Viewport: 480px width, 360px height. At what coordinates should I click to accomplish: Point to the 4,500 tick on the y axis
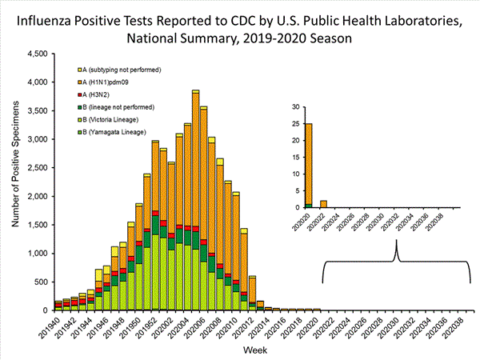pyautogui.click(x=36, y=54)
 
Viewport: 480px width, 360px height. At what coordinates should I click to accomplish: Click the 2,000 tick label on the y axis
pyautogui.click(x=36, y=197)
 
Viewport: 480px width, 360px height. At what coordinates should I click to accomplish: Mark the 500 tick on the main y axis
pyautogui.click(x=40, y=282)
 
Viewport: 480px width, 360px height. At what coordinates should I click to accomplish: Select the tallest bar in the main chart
pyautogui.click(x=195, y=200)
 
